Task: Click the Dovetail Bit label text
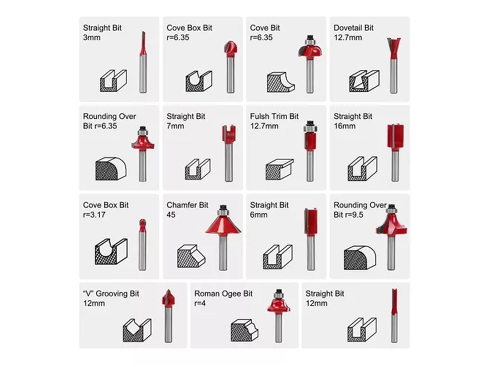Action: [x=354, y=28]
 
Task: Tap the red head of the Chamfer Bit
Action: [x=223, y=224]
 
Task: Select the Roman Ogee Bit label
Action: [x=223, y=294]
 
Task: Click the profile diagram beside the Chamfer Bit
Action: [x=191, y=256]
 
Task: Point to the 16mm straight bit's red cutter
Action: [x=395, y=136]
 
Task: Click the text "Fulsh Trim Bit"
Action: [x=274, y=116]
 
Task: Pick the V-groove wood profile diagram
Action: [x=137, y=330]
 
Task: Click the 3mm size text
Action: [x=92, y=38]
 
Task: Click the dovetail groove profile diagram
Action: [x=364, y=81]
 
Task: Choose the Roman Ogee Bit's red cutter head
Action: [x=279, y=304]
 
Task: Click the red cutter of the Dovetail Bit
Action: [x=394, y=48]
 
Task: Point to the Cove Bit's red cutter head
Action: [x=310, y=50]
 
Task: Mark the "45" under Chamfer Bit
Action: [x=171, y=215]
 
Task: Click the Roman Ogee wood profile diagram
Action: [x=244, y=330]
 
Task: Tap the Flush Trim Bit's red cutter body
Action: [x=310, y=141]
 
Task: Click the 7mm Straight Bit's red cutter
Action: [x=229, y=134]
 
